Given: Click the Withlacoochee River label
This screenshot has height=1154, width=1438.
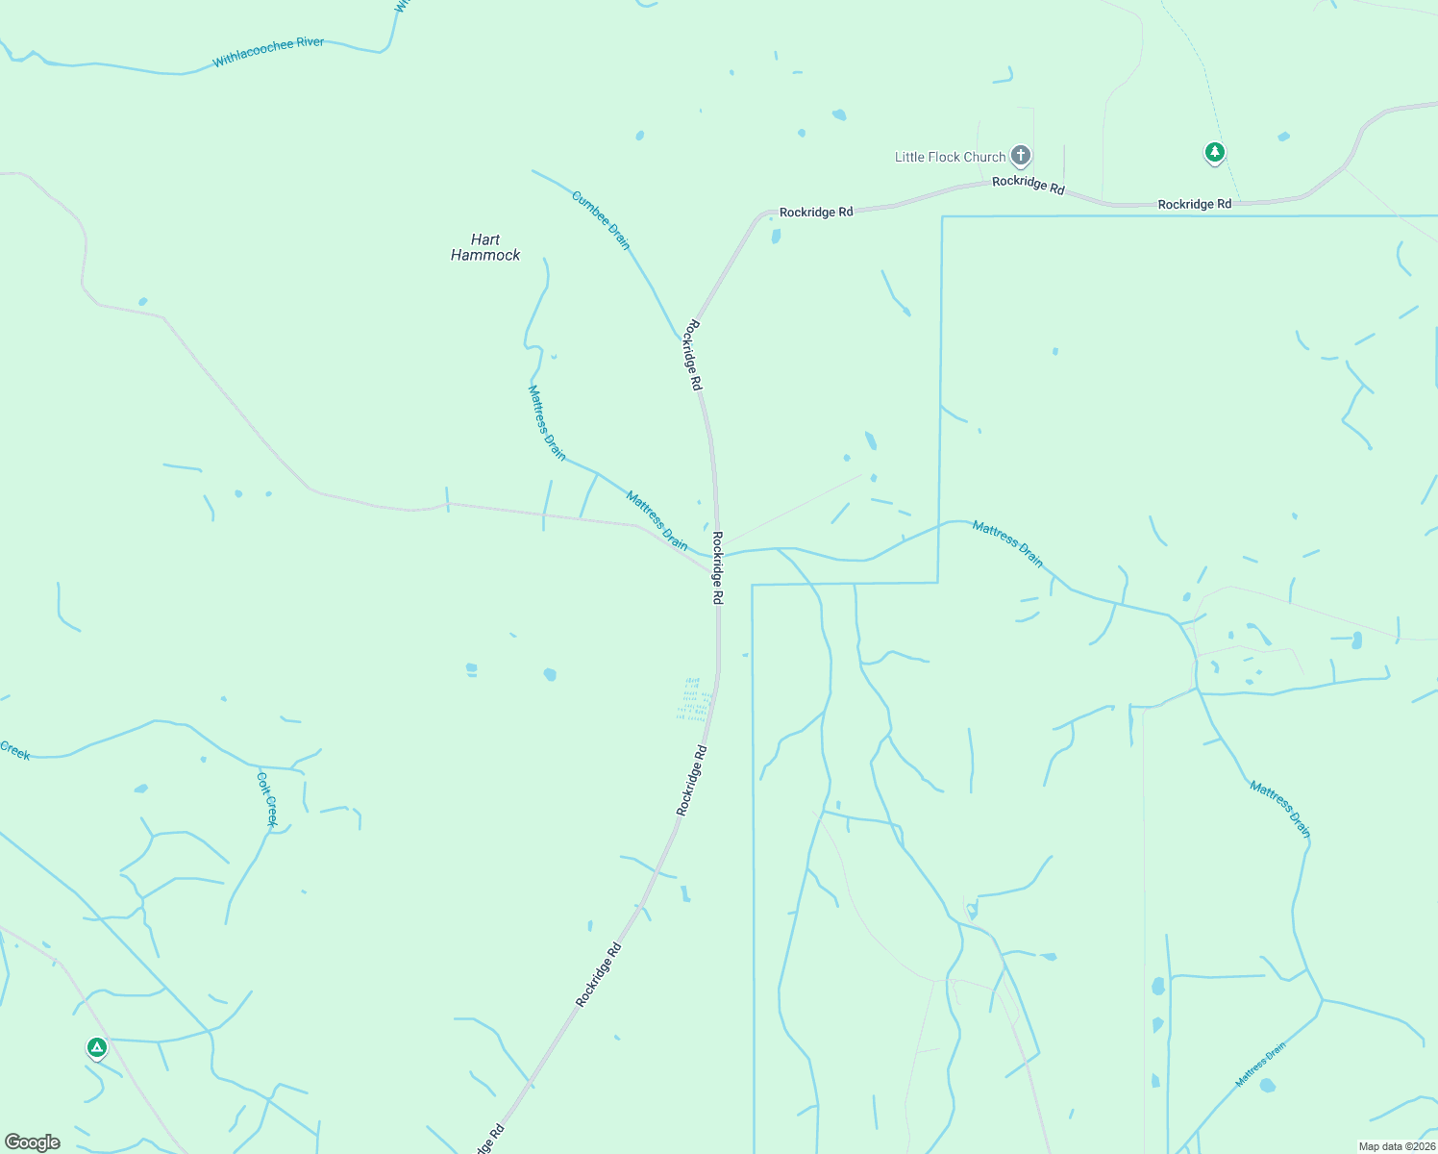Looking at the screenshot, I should point(268,52).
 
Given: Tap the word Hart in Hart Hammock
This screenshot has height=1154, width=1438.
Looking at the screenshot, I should point(485,239).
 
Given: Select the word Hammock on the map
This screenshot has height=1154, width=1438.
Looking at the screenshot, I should point(485,255).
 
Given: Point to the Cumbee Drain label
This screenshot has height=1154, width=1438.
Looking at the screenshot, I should point(601,220).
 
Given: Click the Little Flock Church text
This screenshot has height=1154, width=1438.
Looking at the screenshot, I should point(950,157).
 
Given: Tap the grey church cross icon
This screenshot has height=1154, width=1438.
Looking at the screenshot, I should point(1021,155).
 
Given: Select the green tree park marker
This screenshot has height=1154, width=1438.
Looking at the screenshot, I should point(1215,152).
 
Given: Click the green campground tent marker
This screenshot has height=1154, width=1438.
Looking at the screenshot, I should point(96,1047).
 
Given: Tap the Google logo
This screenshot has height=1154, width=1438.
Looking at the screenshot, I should point(33,1142).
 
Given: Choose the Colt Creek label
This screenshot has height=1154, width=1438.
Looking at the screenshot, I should point(267,798).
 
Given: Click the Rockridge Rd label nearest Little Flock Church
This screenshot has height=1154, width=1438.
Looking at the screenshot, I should point(1029,184).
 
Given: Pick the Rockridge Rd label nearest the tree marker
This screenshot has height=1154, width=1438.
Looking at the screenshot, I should point(1194,204).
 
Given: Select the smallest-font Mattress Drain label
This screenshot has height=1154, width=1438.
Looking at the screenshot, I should point(1260,1066).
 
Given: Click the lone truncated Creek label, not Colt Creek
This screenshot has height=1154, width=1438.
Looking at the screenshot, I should point(14,750).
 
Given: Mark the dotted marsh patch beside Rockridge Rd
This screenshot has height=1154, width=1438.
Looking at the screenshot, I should point(693,699).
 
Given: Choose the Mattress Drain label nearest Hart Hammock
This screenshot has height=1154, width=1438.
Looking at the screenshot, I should point(547,422).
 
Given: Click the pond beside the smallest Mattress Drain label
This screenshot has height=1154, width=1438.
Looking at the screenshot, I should point(1267,1086).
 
